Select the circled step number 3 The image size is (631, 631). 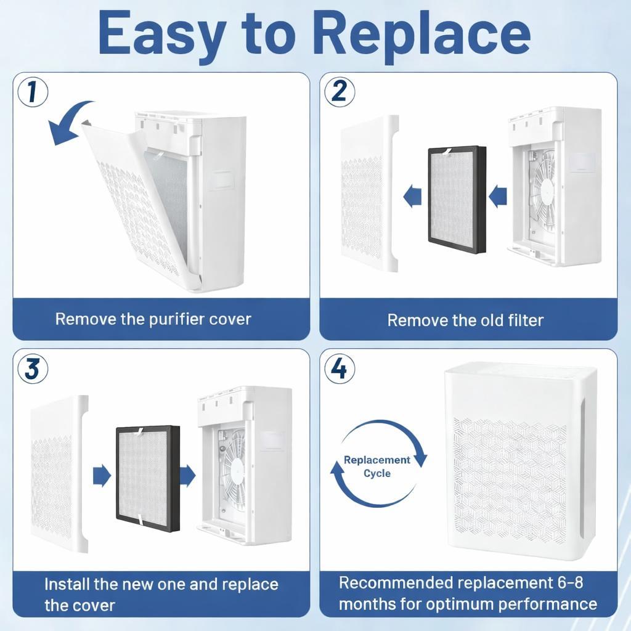pos(33,368)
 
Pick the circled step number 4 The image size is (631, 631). pos(340,368)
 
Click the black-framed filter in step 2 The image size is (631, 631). pos(457,200)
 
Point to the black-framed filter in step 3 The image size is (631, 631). pos(148,478)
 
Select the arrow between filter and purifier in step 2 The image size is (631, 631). pos(498,197)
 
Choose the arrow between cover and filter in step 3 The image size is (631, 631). pos(102,476)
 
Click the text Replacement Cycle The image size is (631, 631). pos(377,466)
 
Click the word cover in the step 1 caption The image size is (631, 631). pos(230,319)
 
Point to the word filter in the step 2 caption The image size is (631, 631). pos(526,320)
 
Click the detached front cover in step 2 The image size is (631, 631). pos(370,193)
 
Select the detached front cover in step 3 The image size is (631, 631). pos(59,474)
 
